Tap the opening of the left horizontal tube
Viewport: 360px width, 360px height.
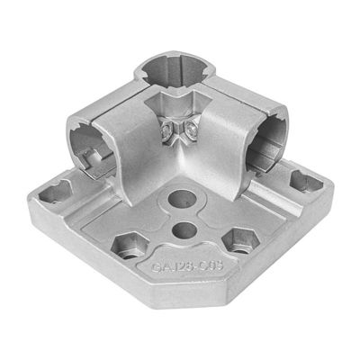91,143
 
